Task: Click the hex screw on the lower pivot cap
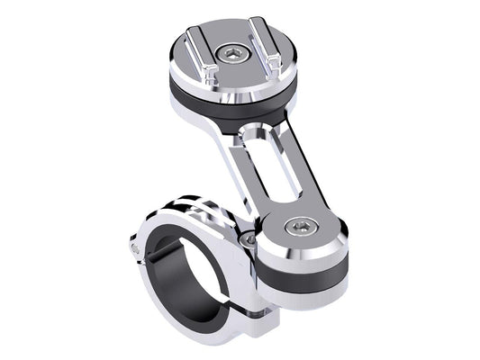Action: [297, 227]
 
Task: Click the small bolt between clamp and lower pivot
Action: [246, 240]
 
